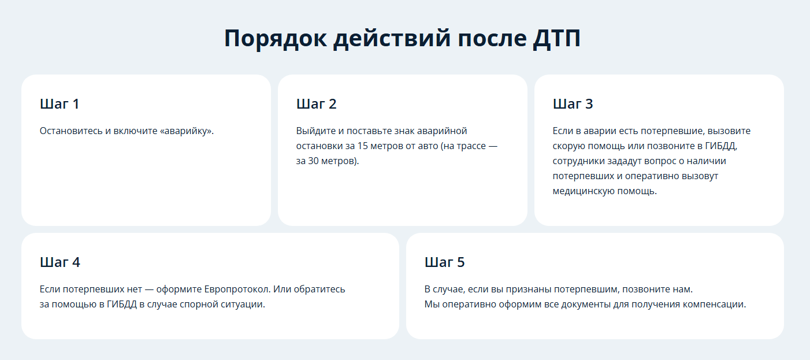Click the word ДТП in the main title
pyautogui.click(x=556, y=38)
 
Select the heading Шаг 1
pyautogui.click(x=60, y=104)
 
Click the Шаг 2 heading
pyautogui.click(x=317, y=104)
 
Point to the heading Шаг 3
pyautogui.click(x=573, y=104)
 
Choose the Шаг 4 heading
pyautogui.click(x=60, y=262)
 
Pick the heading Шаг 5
pyautogui.click(x=444, y=262)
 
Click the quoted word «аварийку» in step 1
pyautogui.click(x=187, y=131)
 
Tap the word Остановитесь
pyautogui.click(x=71, y=131)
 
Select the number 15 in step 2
pyautogui.click(x=363, y=146)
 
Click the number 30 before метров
pyautogui.click(x=313, y=161)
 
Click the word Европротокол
pyautogui.click(x=237, y=290)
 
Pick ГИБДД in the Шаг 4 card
pyautogui.click(x=122, y=305)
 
